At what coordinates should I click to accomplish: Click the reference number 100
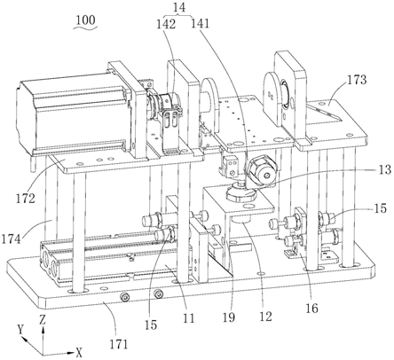tap(85, 20)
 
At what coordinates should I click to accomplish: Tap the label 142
tap(166, 24)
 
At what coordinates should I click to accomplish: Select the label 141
tap(200, 23)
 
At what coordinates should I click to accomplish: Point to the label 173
tap(357, 80)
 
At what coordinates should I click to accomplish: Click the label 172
tap(26, 198)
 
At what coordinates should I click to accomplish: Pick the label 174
tap(12, 239)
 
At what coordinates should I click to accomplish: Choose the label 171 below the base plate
tap(119, 344)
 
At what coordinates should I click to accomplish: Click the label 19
tap(229, 317)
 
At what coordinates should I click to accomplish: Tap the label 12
tap(265, 317)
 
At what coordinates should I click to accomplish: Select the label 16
tap(311, 309)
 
